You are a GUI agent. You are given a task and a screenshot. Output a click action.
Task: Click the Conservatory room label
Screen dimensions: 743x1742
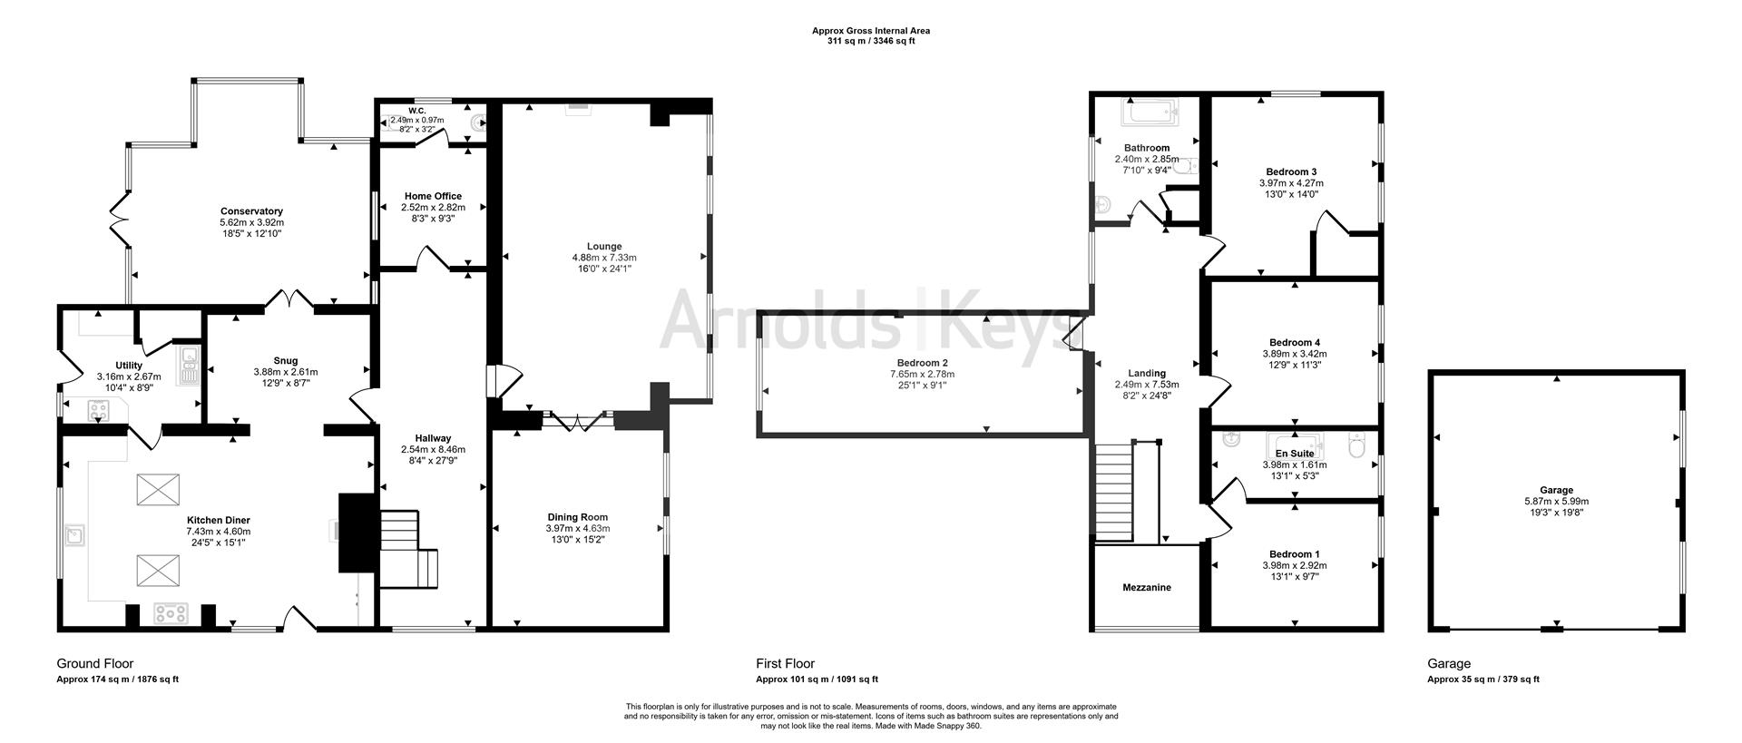pyautogui.click(x=251, y=211)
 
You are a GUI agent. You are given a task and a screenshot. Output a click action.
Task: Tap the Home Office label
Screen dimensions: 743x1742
pyautogui.click(x=433, y=196)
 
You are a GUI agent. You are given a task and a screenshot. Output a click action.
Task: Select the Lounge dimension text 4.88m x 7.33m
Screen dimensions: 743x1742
pyautogui.click(x=603, y=258)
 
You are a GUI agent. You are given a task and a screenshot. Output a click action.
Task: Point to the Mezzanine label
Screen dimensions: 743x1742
pyautogui.click(x=1146, y=588)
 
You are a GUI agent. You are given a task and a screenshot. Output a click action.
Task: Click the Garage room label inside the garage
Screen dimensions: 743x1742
pyautogui.click(x=1556, y=490)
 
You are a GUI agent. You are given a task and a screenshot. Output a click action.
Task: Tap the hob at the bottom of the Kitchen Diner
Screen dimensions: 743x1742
pyautogui.click(x=170, y=614)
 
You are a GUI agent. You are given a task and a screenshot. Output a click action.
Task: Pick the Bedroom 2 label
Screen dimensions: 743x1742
pyautogui.click(x=921, y=363)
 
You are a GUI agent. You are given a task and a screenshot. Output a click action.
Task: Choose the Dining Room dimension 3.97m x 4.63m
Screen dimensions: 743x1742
pyautogui.click(x=577, y=529)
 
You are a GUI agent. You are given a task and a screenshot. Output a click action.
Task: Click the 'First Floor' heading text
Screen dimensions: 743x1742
pyautogui.click(x=785, y=664)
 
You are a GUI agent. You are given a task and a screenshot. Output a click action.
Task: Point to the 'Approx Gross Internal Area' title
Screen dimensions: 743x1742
pyautogui.click(x=870, y=31)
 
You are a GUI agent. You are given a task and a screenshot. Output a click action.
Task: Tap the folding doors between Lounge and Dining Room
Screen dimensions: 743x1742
pyautogui.click(x=577, y=421)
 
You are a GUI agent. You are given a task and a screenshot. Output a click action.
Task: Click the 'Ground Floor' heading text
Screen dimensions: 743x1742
pyautogui.click(x=94, y=664)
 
